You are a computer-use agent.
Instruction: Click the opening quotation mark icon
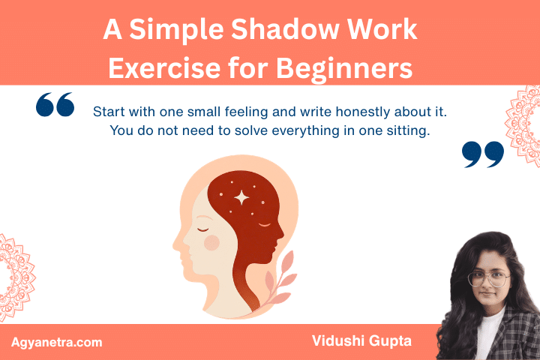[x=55, y=106]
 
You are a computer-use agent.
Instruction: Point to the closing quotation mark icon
[x=482, y=153]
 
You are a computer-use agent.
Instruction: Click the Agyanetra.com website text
[x=57, y=342]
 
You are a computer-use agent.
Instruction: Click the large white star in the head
[x=241, y=197]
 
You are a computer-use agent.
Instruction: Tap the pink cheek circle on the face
[x=212, y=241]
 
